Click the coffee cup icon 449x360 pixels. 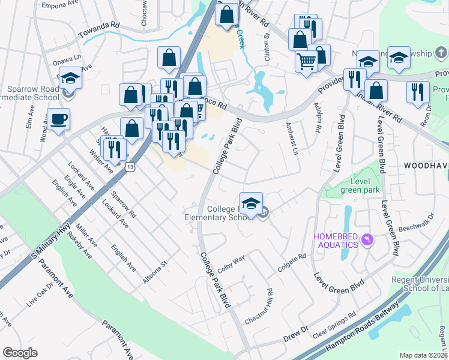pos(59,119)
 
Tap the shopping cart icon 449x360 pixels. pos(306,61)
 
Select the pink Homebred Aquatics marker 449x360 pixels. pos(368,241)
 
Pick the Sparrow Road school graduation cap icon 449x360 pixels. pos(70,78)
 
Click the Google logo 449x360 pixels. pos(20,352)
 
